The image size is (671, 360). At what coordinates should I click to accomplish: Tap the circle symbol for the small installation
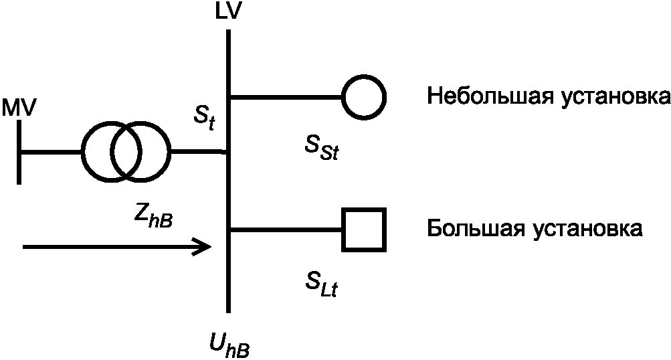coord(364,98)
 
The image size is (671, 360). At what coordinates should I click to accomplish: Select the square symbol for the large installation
coord(364,230)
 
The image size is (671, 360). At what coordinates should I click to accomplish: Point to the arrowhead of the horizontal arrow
coord(204,247)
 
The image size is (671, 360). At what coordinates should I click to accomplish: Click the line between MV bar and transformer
coord(52,152)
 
